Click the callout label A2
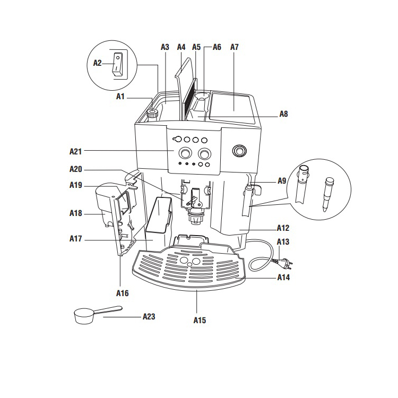[97, 63]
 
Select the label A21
[76, 151]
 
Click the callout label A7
[235, 47]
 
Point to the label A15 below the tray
[200, 321]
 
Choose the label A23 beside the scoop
[149, 316]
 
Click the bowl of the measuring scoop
[83, 317]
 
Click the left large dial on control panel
[186, 153]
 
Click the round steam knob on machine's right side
[239, 151]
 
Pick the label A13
[283, 242]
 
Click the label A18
[76, 213]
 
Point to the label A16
[122, 292]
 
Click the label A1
[120, 97]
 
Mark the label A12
[283, 228]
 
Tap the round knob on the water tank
[153, 113]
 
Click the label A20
[76, 169]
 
